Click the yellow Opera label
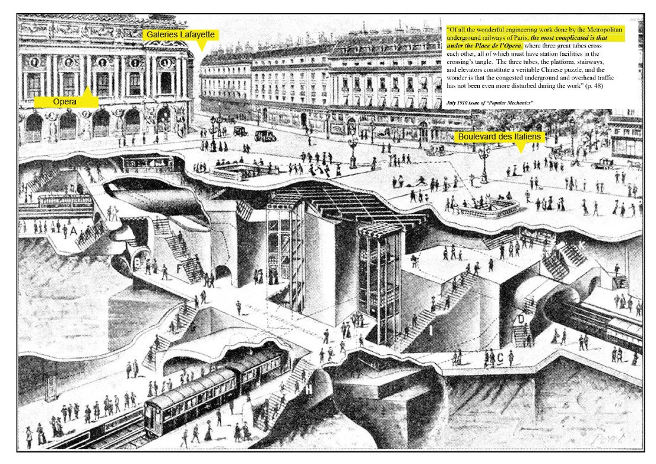64,102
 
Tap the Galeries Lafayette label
181,35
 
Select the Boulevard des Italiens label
499,137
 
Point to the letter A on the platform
73,230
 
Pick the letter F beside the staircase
179,268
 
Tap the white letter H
309,389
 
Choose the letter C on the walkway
500,357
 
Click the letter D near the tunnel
521,319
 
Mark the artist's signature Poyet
614,441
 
